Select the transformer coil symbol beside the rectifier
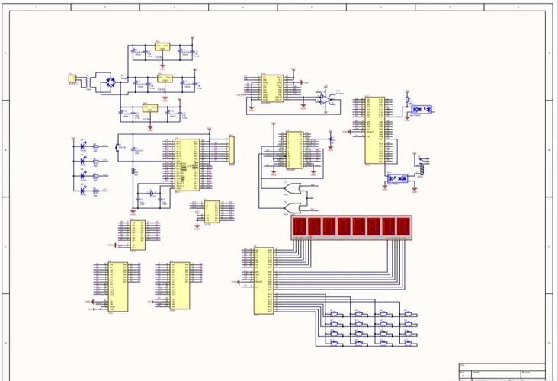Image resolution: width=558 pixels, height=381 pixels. pos(90,80)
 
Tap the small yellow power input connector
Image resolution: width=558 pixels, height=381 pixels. pos(72,78)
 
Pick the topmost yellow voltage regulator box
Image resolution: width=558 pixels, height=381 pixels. pos(162,46)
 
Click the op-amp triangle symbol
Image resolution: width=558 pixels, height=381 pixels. pos(325,99)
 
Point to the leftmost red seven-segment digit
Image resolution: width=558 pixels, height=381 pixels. pos(300,227)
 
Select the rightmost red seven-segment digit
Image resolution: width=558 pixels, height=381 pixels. pos(402,227)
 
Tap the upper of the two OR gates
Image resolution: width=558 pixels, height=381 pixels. pos(306,187)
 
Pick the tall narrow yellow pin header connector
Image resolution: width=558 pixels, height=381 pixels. pos(232,149)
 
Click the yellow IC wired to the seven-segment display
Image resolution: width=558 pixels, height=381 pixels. pos(265,280)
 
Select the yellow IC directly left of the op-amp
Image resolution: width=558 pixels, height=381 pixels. pos(271,88)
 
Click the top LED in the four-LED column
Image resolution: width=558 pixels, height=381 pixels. pos(83,145)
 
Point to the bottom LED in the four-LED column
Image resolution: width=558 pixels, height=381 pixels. pos(83,190)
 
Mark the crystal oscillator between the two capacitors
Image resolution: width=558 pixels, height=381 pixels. pos(151,195)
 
